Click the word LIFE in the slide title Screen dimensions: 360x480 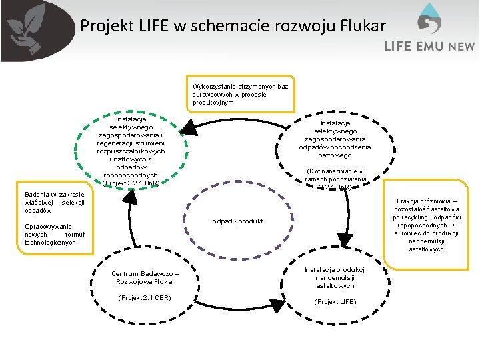coord(155,26)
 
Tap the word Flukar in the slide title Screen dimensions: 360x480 coord(360,26)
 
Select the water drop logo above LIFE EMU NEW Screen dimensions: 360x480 coord(429,20)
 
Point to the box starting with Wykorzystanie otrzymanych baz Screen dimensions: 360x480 coord(240,94)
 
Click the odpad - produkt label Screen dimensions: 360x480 coord(237,221)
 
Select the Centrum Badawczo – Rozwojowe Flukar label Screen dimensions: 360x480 coord(145,277)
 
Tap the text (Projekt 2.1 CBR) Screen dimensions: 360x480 coord(145,297)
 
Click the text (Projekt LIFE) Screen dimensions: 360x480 coord(335,302)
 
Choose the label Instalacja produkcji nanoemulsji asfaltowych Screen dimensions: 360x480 coord(335,277)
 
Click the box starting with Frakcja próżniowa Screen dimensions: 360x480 coord(427,225)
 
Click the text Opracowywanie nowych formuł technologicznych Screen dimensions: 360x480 coord(50,234)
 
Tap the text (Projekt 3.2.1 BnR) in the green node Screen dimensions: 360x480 coord(131,182)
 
